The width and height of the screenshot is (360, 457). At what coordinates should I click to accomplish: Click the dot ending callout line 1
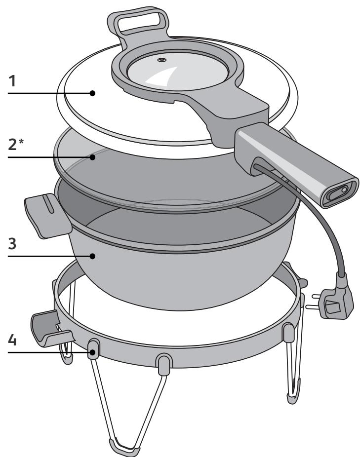[x=92, y=92]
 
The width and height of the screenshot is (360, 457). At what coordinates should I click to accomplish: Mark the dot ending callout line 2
[x=92, y=157]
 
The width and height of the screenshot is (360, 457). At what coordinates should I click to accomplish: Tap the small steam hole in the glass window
[x=161, y=60]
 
